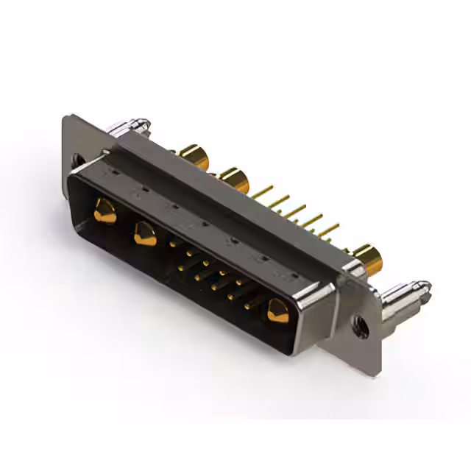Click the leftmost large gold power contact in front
pos(105,213)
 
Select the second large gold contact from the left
pos(145,234)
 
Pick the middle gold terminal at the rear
pos(234,179)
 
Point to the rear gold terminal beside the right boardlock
pos(368,257)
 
